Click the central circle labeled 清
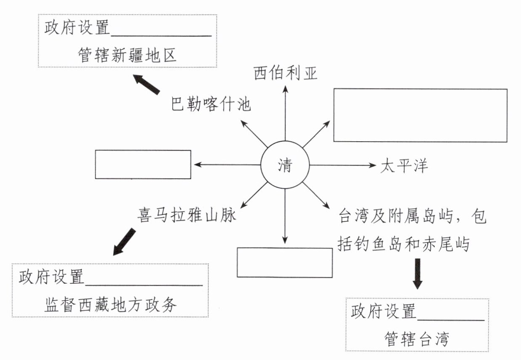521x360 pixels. pos(285,165)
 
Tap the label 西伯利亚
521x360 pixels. pos(285,73)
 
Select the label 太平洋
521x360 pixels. pos(404,165)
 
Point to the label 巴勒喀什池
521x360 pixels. pos(211,104)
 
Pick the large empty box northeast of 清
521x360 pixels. pos(420,115)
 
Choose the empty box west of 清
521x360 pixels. pos(143,164)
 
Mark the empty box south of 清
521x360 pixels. pos(285,262)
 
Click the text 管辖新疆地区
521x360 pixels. pos(127,55)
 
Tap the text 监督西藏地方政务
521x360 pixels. pos(111,305)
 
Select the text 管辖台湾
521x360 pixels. pos(417,339)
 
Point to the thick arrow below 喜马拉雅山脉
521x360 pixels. pos(124,242)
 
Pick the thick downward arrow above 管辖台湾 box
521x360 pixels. pos(417,274)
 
